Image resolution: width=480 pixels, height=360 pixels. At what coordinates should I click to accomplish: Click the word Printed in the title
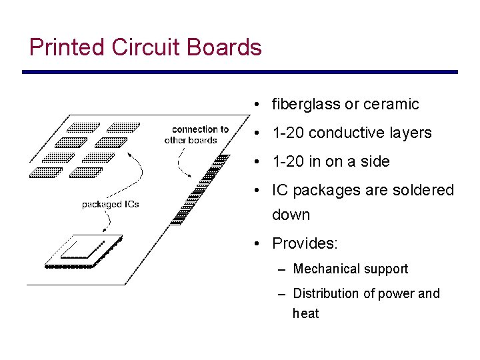click(x=67, y=47)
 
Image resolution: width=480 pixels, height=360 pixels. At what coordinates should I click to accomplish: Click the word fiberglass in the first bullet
click(x=306, y=104)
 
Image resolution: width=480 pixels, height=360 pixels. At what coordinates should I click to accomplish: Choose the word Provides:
click(x=305, y=243)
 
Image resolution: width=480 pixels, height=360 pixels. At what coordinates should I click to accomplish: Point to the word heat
click(x=305, y=313)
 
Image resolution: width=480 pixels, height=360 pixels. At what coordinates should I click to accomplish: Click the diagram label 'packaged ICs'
click(x=110, y=204)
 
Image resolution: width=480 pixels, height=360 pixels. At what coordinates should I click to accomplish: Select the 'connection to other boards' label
click(x=196, y=135)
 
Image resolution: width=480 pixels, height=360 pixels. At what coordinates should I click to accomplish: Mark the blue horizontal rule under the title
click(x=240, y=72)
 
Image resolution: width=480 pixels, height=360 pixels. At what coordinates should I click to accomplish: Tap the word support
click(x=387, y=269)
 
